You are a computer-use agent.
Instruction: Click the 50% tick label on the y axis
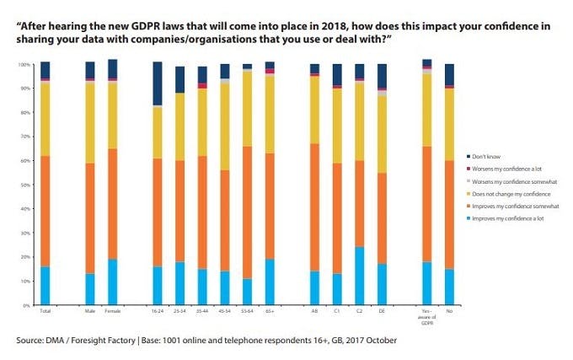coord(25,185)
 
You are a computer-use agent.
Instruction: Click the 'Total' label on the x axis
coord(45,312)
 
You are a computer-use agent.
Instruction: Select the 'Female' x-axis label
coord(112,312)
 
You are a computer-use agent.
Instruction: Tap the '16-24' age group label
coord(157,312)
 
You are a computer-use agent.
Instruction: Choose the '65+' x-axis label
coord(270,312)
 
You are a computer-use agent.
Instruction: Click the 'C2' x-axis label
coord(360,312)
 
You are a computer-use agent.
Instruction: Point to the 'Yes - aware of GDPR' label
coord(426,315)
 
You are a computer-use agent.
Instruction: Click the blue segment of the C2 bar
coord(360,275)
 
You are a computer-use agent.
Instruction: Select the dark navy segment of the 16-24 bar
coord(157,83)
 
